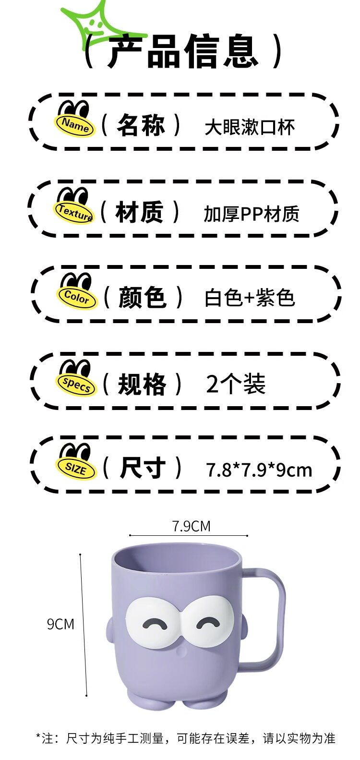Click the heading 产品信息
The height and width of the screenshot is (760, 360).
(x=183, y=51)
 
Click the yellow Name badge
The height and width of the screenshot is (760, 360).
(x=75, y=125)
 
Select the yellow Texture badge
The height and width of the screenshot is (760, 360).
(x=75, y=212)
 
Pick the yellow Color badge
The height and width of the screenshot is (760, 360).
(x=77, y=298)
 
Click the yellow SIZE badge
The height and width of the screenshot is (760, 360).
(x=75, y=468)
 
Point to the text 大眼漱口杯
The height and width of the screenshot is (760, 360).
(x=250, y=128)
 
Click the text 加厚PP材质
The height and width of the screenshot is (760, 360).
(x=251, y=214)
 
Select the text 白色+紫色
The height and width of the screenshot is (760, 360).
(x=250, y=298)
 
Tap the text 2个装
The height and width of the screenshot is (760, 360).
(x=236, y=384)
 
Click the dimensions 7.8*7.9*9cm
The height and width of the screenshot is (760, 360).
(x=259, y=470)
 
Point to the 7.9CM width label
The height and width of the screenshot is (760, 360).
(x=191, y=526)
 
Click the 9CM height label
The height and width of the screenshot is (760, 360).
(x=60, y=624)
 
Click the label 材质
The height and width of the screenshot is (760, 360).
(x=140, y=212)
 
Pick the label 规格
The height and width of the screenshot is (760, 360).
(x=142, y=384)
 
